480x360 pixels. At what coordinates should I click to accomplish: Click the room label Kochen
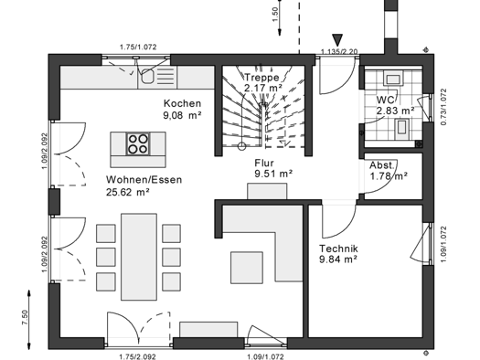(182, 103)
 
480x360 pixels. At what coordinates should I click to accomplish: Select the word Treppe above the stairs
(261, 79)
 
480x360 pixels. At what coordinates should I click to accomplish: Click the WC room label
(385, 99)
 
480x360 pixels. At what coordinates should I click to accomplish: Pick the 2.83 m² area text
(395, 111)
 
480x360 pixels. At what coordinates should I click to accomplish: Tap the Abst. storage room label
(381, 164)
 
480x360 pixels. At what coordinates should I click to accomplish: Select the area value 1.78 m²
(389, 175)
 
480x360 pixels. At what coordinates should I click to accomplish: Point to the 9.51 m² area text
(272, 173)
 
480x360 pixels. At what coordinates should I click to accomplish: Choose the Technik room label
(338, 249)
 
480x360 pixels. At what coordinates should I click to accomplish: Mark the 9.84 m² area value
(337, 260)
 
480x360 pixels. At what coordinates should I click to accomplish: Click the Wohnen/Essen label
(144, 180)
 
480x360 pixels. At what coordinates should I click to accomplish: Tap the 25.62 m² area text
(128, 193)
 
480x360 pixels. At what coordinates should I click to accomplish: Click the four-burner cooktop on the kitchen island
(138, 143)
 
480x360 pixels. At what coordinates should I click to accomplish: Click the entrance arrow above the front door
(337, 39)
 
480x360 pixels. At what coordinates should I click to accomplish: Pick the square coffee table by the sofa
(248, 267)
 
